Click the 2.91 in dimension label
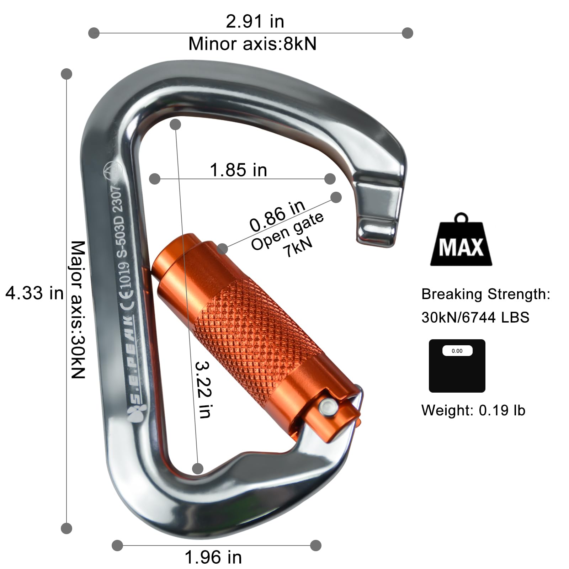pyautogui.click(x=255, y=21)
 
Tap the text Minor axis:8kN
pyautogui.click(x=252, y=44)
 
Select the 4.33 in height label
pyautogui.click(x=34, y=293)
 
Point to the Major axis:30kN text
pyautogui.click(x=78, y=309)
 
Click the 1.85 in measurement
pyautogui.click(x=238, y=170)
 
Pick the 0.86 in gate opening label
pyautogui.click(x=277, y=215)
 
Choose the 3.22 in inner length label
pyautogui.click(x=204, y=389)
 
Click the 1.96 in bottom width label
pyautogui.click(x=213, y=557)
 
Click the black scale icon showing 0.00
pyautogui.click(x=457, y=366)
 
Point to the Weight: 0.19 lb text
pyautogui.click(x=473, y=410)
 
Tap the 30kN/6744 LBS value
pyautogui.click(x=475, y=317)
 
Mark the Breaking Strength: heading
pyautogui.click(x=485, y=294)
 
